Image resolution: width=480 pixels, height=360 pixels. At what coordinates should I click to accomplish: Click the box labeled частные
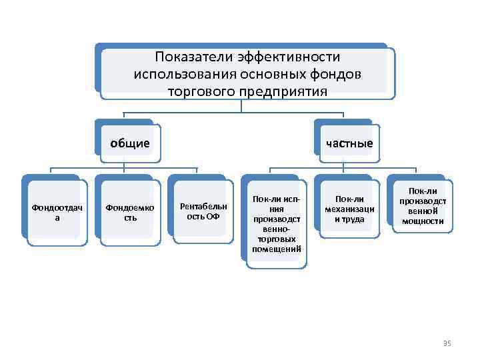[349, 143]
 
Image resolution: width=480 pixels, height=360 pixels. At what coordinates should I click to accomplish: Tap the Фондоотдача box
[57, 213]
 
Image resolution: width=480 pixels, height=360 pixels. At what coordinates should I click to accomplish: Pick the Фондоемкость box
[129, 213]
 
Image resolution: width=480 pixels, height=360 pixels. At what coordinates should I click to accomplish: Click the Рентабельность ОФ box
[203, 213]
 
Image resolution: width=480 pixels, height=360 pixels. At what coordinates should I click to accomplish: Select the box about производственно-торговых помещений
[277, 224]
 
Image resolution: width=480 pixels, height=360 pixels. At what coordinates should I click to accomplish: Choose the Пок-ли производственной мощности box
[423, 206]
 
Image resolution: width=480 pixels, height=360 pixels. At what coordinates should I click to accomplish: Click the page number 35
[447, 343]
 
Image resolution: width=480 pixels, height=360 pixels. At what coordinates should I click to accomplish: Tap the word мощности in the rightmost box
[423, 221]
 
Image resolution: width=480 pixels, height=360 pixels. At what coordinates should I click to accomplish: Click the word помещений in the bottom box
[277, 249]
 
